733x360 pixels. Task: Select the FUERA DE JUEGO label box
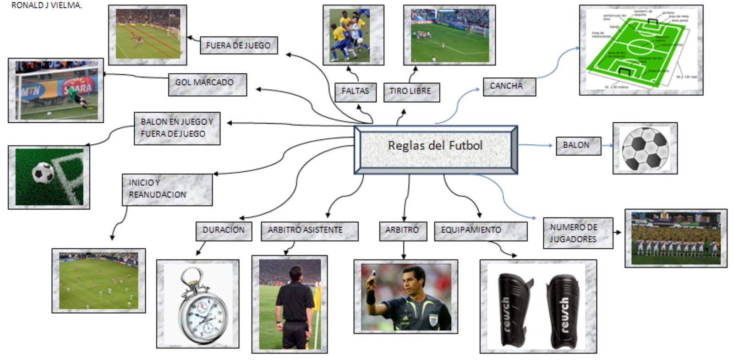[x=238, y=45]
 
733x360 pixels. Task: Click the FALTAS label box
[x=355, y=92]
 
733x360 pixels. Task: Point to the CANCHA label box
[x=509, y=86]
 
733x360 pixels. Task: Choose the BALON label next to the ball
[x=578, y=146]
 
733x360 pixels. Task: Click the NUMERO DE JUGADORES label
[x=577, y=233]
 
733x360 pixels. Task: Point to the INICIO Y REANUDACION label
[x=167, y=189]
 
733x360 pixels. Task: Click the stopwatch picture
[x=197, y=305]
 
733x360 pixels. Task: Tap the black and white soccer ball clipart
[x=645, y=148]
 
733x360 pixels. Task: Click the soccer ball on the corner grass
[x=43, y=173]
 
